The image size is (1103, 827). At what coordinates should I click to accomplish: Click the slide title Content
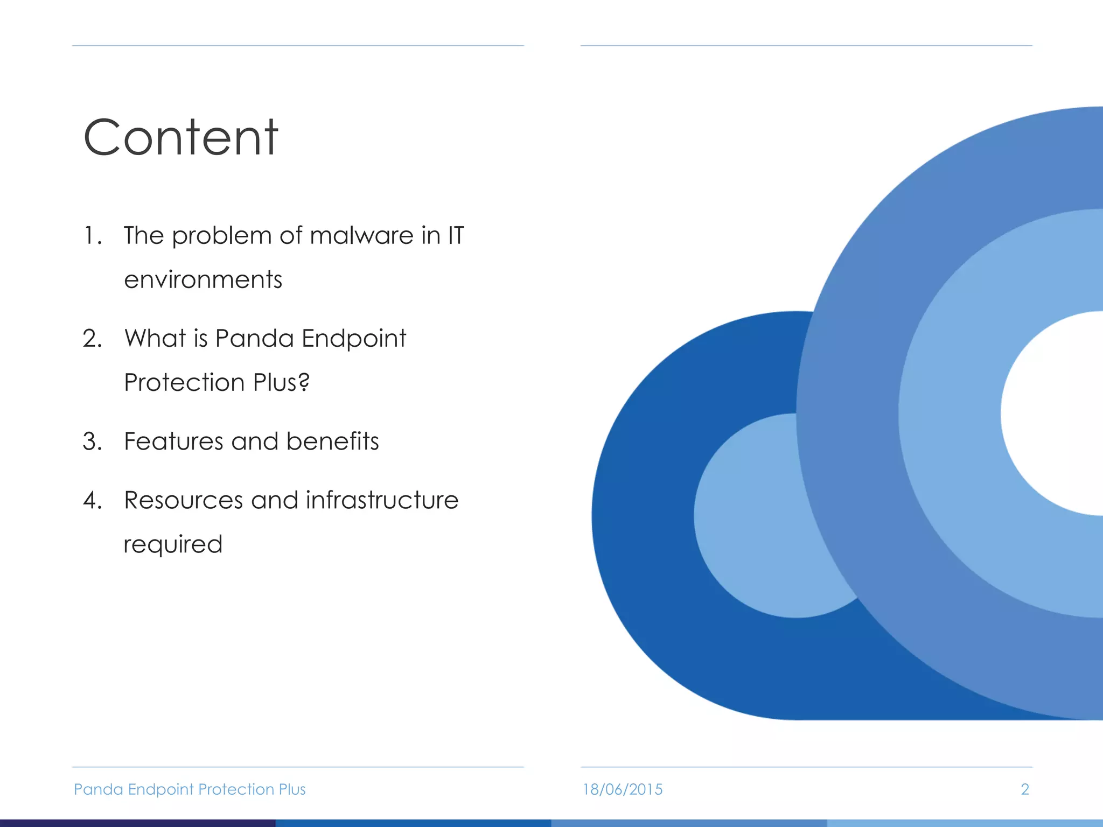coord(181,138)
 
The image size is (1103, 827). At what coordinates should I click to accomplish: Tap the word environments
coord(203,280)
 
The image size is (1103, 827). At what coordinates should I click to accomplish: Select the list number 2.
coord(92,339)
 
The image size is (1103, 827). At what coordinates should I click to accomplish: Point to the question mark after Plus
coord(304,382)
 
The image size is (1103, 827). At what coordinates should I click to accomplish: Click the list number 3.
coord(92,441)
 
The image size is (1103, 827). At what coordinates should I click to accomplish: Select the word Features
coord(173,441)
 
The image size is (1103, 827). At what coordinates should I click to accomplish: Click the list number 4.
coord(92,501)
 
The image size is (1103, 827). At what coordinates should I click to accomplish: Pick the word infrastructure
coord(382,500)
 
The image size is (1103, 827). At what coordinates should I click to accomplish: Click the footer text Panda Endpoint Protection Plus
coord(190,789)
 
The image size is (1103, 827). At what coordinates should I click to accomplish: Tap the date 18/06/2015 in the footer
coord(623,789)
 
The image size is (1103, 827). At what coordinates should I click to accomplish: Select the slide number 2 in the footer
coord(1025,789)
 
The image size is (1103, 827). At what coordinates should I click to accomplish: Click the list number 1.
coord(92,236)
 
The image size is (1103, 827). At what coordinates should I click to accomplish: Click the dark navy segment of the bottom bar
coord(138,823)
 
